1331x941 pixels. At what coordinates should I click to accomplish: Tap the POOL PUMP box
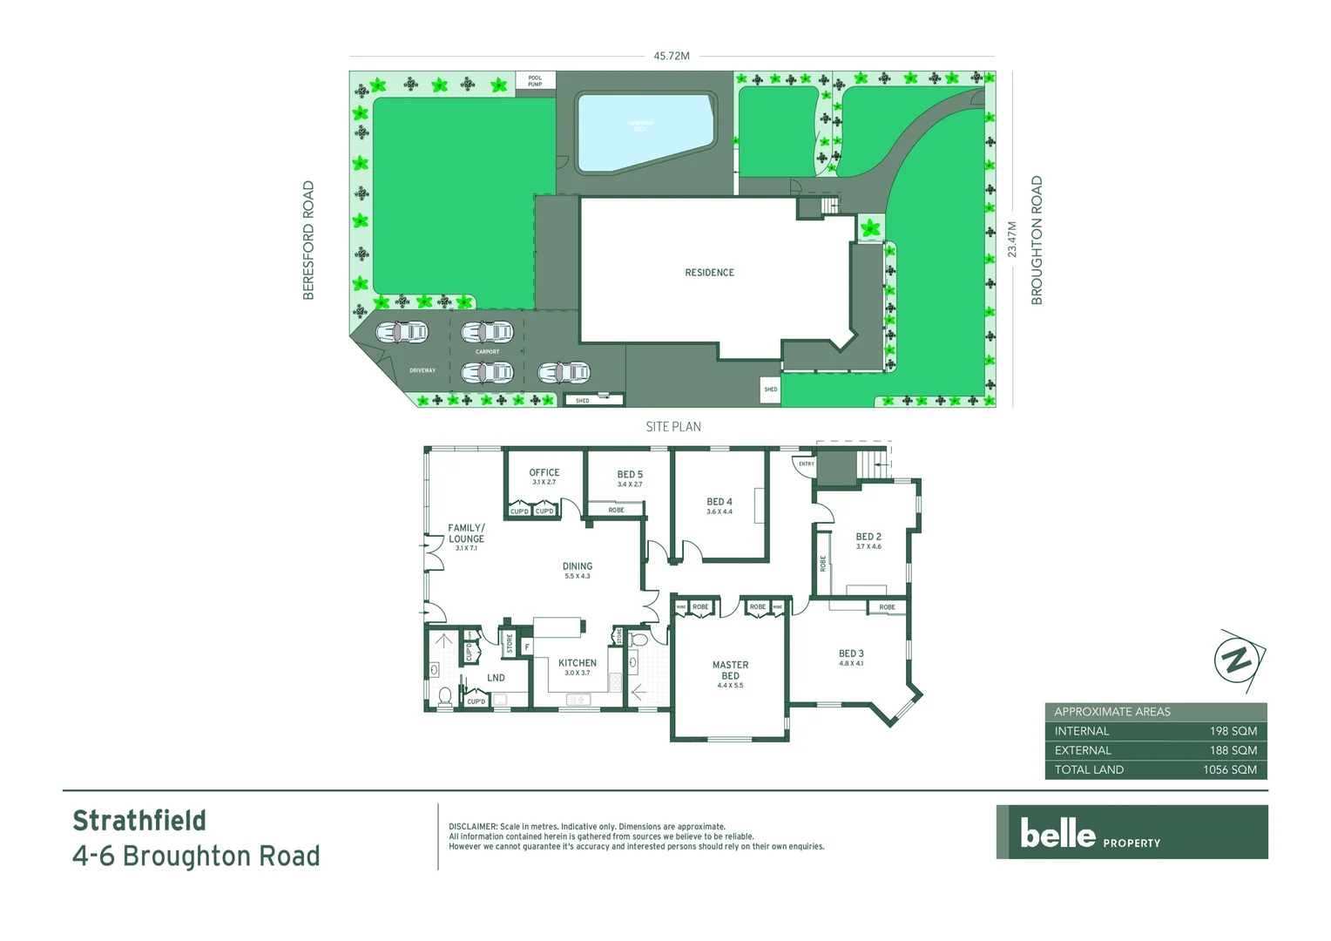[x=535, y=81]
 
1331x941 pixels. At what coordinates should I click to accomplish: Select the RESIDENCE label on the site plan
[x=709, y=273]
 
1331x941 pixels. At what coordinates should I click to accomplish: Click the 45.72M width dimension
[x=672, y=56]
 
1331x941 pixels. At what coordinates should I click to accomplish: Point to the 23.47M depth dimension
[x=1012, y=239]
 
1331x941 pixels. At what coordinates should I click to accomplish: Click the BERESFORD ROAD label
[x=308, y=240]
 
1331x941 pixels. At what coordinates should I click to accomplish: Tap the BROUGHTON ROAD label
[x=1037, y=240]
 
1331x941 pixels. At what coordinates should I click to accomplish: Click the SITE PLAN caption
[x=673, y=427]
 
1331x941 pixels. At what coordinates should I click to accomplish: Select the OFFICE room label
[x=544, y=473]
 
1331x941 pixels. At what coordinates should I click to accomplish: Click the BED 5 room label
[x=630, y=475]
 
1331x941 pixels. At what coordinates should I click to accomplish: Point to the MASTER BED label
[x=730, y=670]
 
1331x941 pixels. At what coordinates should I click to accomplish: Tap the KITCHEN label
[x=578, y=663]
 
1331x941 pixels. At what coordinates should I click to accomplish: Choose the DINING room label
[x=578, y=566]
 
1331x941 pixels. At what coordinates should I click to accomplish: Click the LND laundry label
[x=496, y=678]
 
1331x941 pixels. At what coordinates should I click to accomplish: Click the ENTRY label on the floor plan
[x=807, y=464]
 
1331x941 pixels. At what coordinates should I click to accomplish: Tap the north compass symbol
[x=1239, y=660]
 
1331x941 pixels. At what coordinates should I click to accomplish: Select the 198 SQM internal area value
[x=1233, y=731]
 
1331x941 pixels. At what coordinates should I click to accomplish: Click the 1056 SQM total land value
[x=1229, y=769]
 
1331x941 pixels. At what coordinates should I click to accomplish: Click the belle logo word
[x=1057, y=834]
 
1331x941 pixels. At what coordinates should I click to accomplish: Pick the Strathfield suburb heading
[x=139, y=821]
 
